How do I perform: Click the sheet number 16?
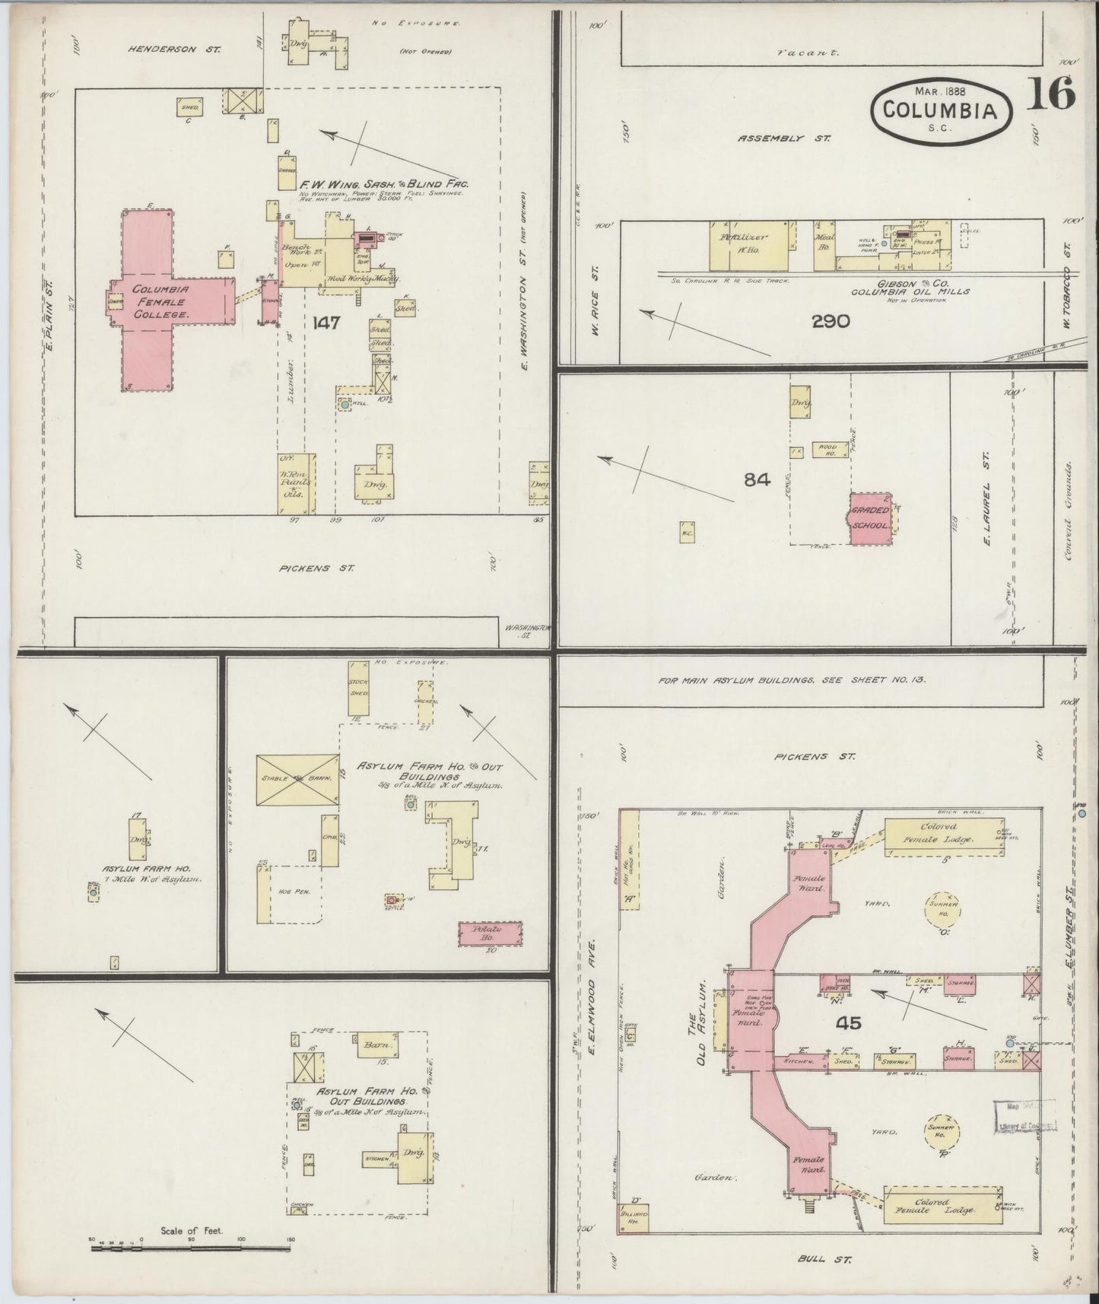pos(1053,94)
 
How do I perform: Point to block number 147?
pos(325,323)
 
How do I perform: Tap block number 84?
pos(758,479)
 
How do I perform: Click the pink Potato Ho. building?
pos(490,933)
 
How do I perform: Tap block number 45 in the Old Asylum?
pos(848,1023)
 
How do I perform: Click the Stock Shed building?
pos(360,689)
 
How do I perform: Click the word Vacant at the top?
pos(808,53)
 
